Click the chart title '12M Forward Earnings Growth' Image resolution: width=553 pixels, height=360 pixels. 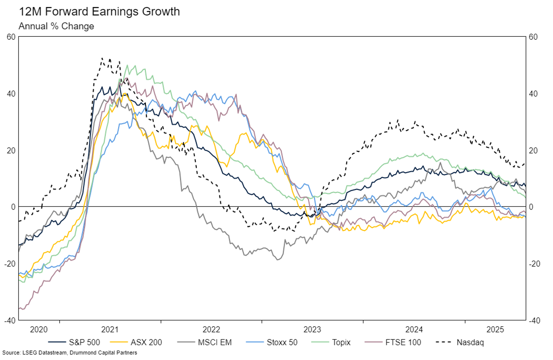pos(99,12)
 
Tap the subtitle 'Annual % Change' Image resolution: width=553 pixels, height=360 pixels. pos(56,26)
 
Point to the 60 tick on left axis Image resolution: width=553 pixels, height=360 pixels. pos(11,37)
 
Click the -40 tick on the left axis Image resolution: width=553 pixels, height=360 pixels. pos(10,320)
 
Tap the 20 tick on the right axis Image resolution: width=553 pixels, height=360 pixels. pos(533,150)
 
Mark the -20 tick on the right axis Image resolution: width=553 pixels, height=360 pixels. pos(534,264)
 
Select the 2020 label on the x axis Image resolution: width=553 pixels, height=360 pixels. pos(39,330)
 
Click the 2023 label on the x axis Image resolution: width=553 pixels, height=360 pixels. pos(312,330)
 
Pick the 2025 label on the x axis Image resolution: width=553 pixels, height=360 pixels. pos(495,330)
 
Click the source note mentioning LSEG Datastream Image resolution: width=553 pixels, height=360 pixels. pos(70,353)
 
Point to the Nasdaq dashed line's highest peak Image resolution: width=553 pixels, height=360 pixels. pos(102,58)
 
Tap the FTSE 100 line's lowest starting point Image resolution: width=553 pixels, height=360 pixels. pos(21,309)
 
